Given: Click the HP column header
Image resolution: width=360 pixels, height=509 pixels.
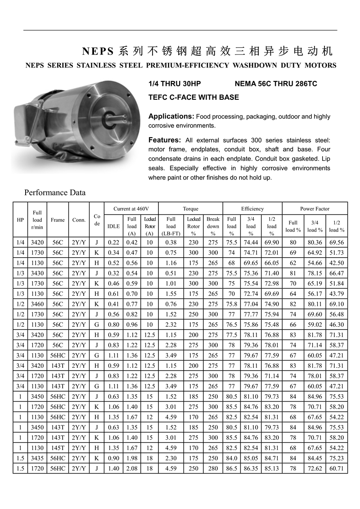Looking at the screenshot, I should [x=20, y=220].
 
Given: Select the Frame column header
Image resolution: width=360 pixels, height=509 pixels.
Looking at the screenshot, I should [x=58, y=220].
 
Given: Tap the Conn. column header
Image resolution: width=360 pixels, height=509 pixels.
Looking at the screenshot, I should [x=79, y=220].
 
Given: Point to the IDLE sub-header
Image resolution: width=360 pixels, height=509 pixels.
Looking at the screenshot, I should [x=113, y=226].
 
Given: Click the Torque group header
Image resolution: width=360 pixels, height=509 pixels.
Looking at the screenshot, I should [x=190, y=209].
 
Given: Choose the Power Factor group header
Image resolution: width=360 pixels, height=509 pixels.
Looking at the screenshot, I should [x=315, y=209].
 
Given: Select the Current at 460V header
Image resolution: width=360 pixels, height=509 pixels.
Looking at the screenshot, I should [x=131, y=209].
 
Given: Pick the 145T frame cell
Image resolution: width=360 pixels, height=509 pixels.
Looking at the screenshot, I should [x=58, y=447].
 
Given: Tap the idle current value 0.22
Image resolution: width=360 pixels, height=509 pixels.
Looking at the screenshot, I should [x=113, y=242].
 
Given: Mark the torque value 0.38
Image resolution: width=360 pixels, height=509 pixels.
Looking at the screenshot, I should [x=171, y=242].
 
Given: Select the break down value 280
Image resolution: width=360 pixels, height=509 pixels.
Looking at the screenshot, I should [x=213, y=468].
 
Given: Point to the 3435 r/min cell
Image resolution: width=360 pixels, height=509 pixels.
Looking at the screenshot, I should [x=37, y=458].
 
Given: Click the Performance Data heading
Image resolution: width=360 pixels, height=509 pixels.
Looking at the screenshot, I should [x=54, y=193].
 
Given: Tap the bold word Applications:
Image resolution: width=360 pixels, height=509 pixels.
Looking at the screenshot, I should [x=171, y=116].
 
